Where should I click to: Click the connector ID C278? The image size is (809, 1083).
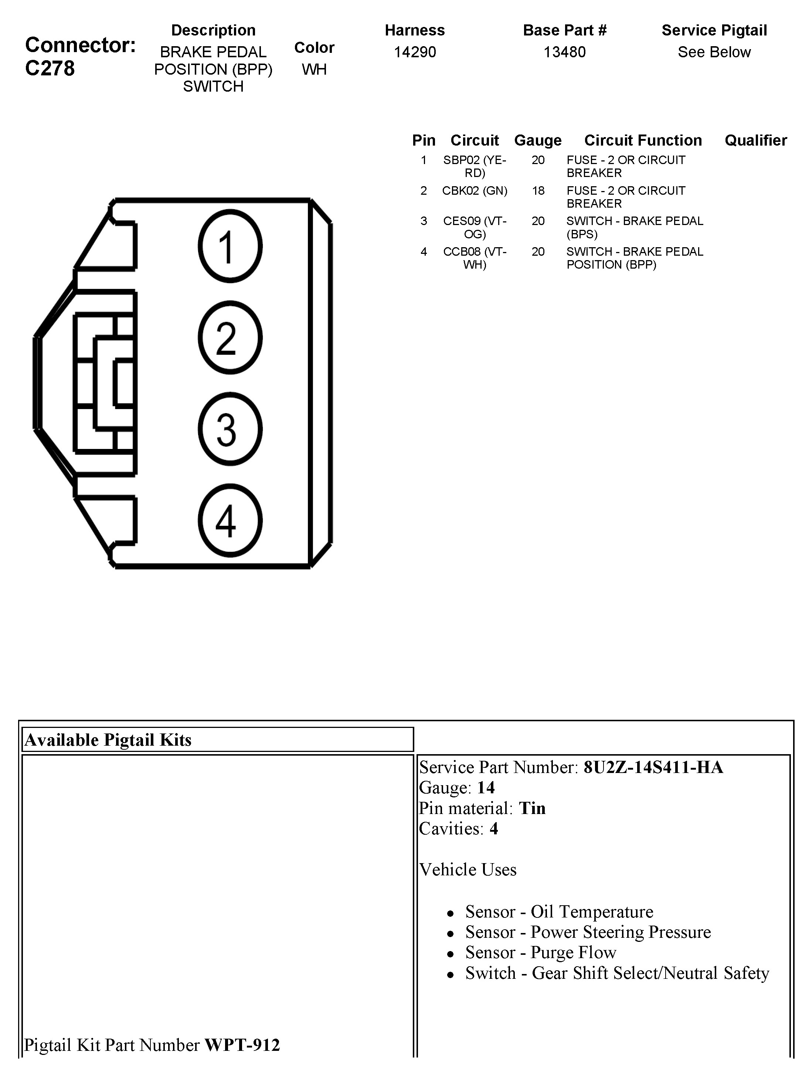pyautogui.click(x=50, y=68)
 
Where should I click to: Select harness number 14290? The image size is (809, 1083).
pyautogui.click(x=415, y=52)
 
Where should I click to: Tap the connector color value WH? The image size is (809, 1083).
pyautogui.click(x=314, y=69)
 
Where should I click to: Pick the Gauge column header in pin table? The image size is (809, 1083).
pyautogui.click(x=538, y=140)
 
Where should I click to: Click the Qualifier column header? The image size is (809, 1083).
pyautogui.click(x=756, y=140)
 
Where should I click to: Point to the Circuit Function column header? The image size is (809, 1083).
pyautogui.click(x=643, y=140)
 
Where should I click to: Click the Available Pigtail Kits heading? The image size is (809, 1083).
pyautogui.click(x=108, y=740)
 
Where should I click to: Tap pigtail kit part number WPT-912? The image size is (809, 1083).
pyautogui.click(x=242, y=1045)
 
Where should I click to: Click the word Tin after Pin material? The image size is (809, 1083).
pyautogui.click(x=532, y=808)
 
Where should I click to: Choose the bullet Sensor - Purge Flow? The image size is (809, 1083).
pyautogui.click(x=540, y=952)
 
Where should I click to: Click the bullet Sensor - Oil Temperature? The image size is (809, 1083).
pyautogui.click(x=559, y=912)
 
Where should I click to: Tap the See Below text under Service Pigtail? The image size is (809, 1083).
pyautogui.click(x=714, y=52)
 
